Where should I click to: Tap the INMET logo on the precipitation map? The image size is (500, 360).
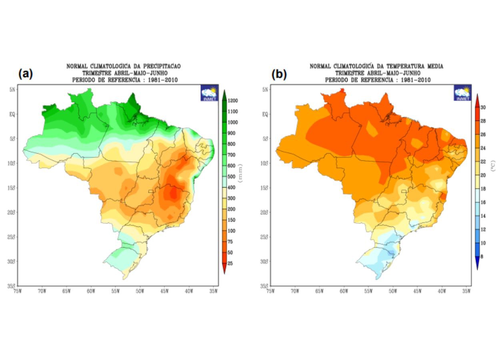pos(210,93)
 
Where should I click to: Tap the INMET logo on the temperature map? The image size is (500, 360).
pos(462,93)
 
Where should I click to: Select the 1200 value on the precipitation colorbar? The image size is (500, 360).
pos(233,101)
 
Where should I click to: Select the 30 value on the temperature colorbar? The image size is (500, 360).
pos(483,107)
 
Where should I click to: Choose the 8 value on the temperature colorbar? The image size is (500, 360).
pos(482,256)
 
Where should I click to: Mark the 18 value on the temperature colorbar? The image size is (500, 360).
pos(483,189)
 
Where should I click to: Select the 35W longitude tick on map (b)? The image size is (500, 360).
pos(466,291)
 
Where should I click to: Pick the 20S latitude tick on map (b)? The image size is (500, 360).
pos(265,212)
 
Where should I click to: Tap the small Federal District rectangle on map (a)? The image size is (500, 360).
pos(150,192)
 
